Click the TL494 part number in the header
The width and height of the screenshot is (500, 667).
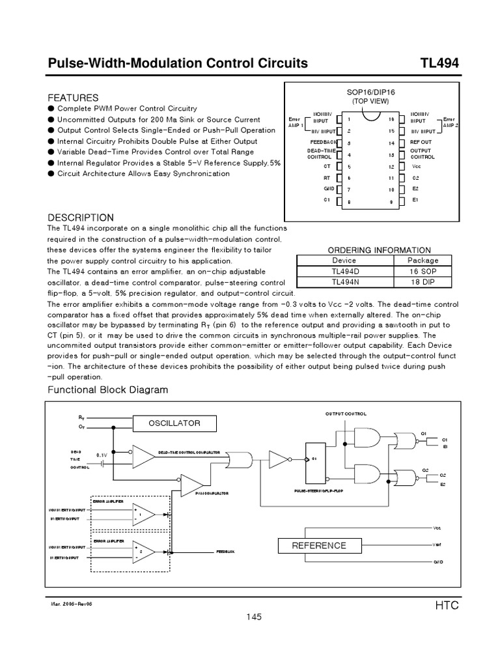pyautogui.click(x=439, y=63)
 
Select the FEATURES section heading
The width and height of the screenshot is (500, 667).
pyautogui.click(x=74, y=97)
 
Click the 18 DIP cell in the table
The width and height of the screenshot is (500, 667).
pyautogui.click(x=423, y=281)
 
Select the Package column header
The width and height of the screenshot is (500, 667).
pyautogui.click(x=423, y=260)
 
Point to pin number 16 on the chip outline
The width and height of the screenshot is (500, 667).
pyautogui.click(x=391, y=119)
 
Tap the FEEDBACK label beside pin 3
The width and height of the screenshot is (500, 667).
pyautogui.click(x=324, y=142)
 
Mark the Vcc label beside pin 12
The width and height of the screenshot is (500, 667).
pyautogui.click(x=417, y=166)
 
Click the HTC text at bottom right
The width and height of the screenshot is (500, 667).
pyautogui.click(x=447, y=605)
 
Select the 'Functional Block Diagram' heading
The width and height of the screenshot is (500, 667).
pyautogui.click(x=108, y=390)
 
